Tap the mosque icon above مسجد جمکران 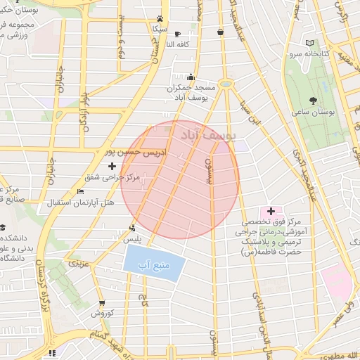point(191,77)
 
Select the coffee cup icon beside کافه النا point(177,34)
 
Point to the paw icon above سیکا point(161,19)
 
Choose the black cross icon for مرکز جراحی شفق point(112,166)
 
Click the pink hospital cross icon point(271,211)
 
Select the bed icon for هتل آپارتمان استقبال point(80,191)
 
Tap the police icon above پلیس point(132,227)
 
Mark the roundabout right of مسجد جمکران point(225,84)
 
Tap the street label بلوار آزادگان point(85,95)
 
